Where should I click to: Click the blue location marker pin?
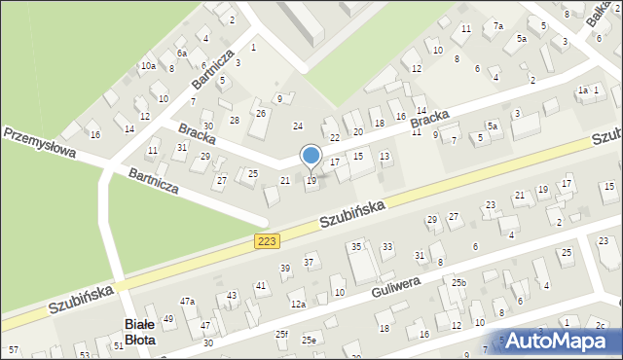[311, 157]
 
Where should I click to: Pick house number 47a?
[187, 302]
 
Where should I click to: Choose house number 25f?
[281, 334]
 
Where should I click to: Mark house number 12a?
[298, 305]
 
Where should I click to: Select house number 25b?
[458, 283]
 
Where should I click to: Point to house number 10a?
[147, 66]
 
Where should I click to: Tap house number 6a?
[181, 54]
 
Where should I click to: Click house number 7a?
[497, 26]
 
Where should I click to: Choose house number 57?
[13, 348]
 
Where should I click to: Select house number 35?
[356, 247]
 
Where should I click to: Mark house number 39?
[285, 268]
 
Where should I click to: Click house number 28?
[234, 120]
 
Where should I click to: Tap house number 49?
[168, 318]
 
